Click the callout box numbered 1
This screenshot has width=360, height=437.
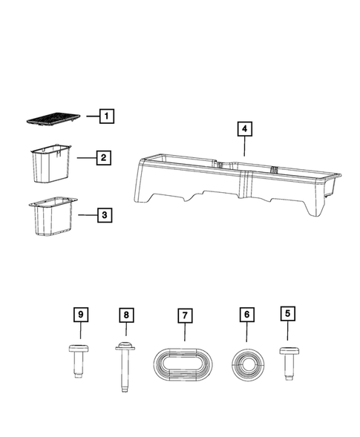pos(107,116)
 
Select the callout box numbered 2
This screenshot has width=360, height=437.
pos(104,157)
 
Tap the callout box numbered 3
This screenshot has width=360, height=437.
pos(105,215)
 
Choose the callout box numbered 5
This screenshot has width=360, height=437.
pos(287,315)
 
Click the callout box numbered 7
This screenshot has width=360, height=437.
pos(183,315)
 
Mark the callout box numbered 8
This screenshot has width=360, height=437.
pos(126,315)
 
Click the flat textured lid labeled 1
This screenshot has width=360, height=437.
pos(53,119)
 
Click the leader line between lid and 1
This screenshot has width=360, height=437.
pos(91,116)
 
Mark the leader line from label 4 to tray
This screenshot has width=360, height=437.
pos(241,147)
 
